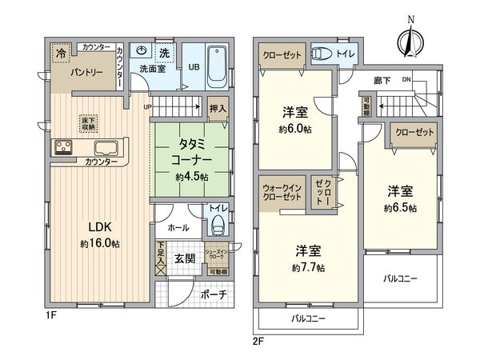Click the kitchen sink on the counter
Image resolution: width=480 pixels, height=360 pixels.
click(106, 148)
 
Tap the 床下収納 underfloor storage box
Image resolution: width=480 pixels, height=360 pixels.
click(88, 123)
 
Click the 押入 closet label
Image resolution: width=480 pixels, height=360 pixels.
click(217, 106)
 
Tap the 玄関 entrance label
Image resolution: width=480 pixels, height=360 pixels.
click(184, 258)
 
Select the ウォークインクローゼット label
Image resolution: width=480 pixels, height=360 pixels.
click(283, 193)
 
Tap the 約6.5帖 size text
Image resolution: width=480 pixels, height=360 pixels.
click(400, 207)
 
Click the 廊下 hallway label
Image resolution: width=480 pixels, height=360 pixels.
click(381, 82)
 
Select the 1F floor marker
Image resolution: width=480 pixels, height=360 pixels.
click(50, 314)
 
